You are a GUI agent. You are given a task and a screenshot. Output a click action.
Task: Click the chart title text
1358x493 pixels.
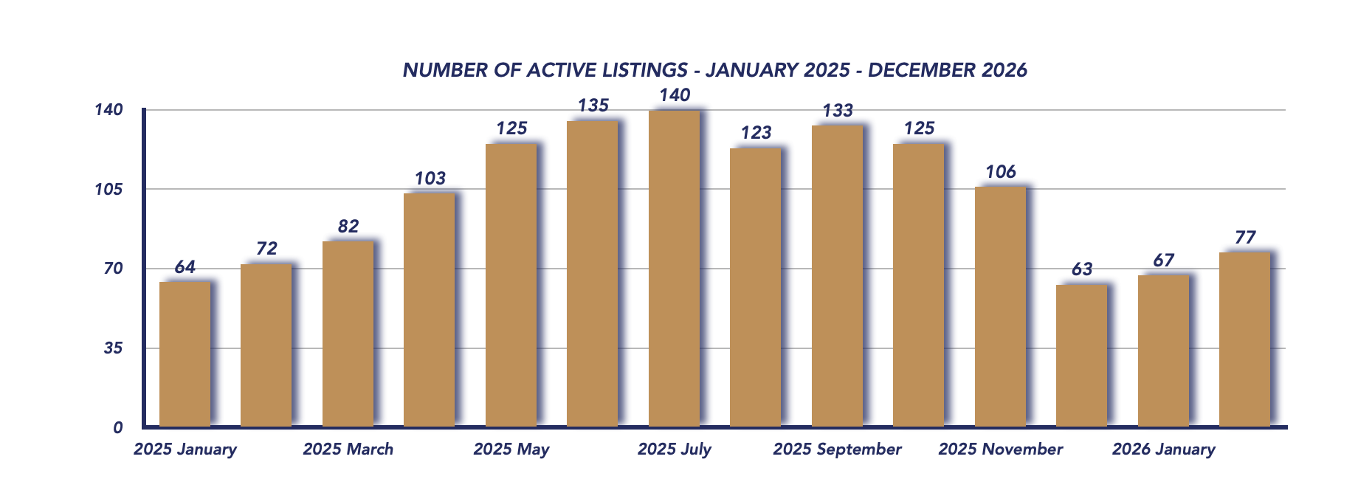click(714, 70)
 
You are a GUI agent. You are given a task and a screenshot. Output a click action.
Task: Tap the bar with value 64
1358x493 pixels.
click(185, 354)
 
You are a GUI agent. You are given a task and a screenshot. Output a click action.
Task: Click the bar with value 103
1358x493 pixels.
click(429, 310)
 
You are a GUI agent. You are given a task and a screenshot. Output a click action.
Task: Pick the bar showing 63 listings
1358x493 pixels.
click(1081, 356)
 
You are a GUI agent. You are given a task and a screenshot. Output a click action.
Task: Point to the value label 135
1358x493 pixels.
click(593, 106)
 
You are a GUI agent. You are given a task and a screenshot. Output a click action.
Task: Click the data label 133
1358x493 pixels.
click(838, 111)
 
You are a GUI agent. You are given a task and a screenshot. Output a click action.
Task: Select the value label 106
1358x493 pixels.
click(1000, 172)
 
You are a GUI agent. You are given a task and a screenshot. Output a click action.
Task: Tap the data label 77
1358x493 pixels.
click(1244, 238)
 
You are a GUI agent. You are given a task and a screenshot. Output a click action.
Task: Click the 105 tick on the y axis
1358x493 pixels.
click(108, 189)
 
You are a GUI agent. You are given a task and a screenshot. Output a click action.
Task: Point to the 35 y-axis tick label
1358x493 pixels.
click(112, 348)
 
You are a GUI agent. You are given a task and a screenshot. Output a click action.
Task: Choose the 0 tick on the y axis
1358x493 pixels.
click(117, 427)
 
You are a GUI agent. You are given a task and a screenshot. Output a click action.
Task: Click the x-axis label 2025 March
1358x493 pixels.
click(348, 449)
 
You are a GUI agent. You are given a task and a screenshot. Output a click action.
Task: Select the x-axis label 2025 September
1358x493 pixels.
click(837, 449)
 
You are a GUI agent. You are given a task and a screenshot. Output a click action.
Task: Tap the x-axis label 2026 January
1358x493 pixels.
click(1163, 449)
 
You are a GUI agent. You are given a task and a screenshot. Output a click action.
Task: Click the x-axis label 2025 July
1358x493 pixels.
click(674, 449)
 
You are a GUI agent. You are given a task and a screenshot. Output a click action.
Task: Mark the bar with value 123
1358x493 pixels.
click(755, 288)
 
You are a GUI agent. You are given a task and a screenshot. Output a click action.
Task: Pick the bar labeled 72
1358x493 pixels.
click(266, 345)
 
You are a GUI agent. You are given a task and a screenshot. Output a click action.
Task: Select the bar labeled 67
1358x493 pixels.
click(1163, 351)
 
